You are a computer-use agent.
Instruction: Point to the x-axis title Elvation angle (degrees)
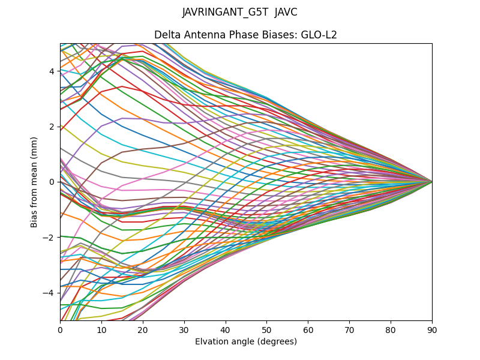point(246,342)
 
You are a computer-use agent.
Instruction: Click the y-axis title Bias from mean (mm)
point(35,181)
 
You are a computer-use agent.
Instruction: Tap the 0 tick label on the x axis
point(60,329)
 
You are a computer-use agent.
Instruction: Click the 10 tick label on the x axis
point(101,329)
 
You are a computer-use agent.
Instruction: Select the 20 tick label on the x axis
point(143,329)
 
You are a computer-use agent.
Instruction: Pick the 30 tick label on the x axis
point(184,329)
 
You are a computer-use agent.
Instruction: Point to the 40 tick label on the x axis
point(226,329)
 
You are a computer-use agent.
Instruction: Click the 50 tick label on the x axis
point(266,329)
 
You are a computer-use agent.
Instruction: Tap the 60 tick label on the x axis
point(308,329)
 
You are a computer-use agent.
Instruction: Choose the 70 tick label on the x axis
point(349,329)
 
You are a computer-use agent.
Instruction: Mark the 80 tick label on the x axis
point(391,329)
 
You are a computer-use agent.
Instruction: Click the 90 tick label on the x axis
point(432,329)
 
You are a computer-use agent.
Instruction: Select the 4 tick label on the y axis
point(52,71)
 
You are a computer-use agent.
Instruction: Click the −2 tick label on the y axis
point(49,237)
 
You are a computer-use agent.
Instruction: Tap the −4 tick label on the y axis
point(49,293)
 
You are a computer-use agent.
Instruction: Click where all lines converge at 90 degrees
point(431,181)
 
